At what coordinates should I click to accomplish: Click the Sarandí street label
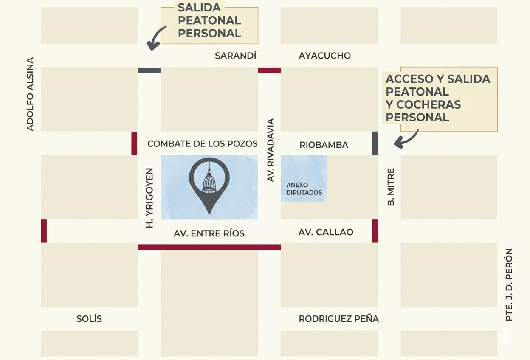[x=235, y=56]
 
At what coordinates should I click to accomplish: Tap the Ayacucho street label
[x=324, y=56]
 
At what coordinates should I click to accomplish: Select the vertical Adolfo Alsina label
[x=30, y=94]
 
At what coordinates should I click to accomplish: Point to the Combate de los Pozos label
[x=202, y=144]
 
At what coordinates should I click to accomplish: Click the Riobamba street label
[x=324, y=145]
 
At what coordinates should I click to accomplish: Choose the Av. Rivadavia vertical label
[x=271, y=150]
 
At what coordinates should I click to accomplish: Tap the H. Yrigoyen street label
[x=149, y=198]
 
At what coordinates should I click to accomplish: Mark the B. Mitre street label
[x=391, y=187]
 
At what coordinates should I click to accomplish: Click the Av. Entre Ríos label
[x=209, y=233]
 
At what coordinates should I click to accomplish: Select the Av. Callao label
[x=326, y=232]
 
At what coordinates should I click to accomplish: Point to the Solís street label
[x=89, y=319]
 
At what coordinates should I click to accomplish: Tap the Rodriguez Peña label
[x=338, y=319]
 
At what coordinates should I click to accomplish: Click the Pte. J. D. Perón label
[x=509, y=284]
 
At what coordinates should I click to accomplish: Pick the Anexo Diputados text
[x=304, y=189]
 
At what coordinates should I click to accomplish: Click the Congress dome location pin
[x=209, y=183]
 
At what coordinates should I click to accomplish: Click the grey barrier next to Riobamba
[x=375, y=143]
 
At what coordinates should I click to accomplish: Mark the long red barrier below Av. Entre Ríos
[x=209, y=247]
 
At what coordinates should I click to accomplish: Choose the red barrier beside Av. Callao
[x=375, y=231]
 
